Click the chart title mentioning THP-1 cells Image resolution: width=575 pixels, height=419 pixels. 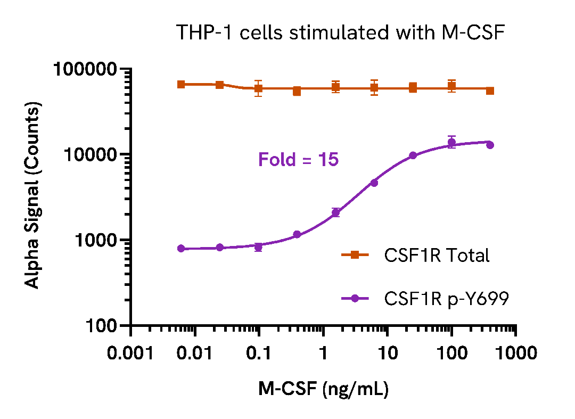[x=340, y=33]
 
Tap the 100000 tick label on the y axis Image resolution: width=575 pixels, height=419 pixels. [x=86, y=69]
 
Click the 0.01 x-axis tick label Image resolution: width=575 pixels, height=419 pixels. [x=195, y=354]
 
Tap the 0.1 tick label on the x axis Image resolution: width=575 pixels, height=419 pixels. [x=259, y=354]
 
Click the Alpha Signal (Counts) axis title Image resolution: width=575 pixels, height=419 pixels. [x=33, y=197]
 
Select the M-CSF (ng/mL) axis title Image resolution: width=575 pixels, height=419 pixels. [x=323, y=390]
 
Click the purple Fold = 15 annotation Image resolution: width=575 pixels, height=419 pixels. [x=298, y=159]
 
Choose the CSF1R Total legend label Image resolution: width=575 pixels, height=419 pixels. [x=437, y=256]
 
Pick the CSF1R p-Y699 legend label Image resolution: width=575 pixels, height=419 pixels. [x=446, y=299]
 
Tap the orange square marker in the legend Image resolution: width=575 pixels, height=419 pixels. [x=355, y=256]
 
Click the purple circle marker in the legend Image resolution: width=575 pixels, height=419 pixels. [x=355, y=299]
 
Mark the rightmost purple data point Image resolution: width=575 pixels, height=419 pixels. [x=490, y=145]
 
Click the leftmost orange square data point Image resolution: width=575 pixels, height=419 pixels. [x=181, y=84]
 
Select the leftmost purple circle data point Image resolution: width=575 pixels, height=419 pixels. [x=181, y=248]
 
